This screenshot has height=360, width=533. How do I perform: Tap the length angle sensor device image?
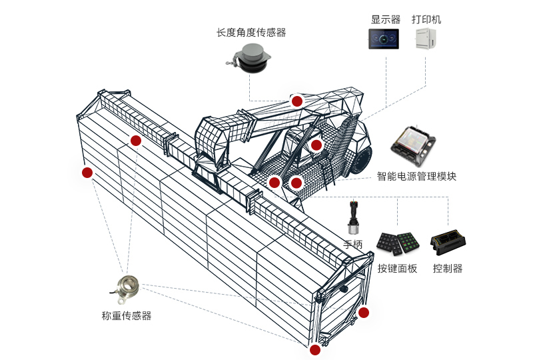(x=249, y=59)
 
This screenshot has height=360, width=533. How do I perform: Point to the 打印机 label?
(x=426, y=19)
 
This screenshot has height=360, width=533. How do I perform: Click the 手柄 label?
(x=353, y=245)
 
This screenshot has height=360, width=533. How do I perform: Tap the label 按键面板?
(x=397, y=269)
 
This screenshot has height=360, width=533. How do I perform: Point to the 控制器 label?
(x=448, y=269)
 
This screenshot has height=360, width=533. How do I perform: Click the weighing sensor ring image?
(x=129, y=287)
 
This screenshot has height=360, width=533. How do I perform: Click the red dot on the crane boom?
(x=297, y=101)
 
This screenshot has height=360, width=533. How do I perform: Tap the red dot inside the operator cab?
(x=316, y=145)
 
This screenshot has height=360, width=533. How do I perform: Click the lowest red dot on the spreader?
(x=315, y=349)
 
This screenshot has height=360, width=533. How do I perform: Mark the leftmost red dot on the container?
(x=87, y=173)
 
